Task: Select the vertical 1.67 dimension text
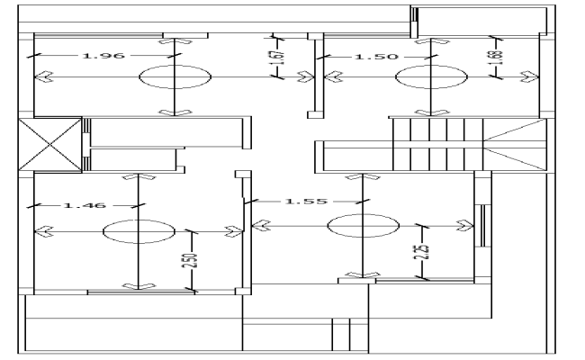(x=279, y=59)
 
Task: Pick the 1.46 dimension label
(x=85, y=205)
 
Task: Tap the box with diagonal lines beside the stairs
(x=514, y=143)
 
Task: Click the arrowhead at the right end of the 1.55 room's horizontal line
(x=466, y=224)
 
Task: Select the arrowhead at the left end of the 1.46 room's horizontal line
(x=40, y=230)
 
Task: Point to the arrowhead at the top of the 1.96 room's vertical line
(x=171, y=40)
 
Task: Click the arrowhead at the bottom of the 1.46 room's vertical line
(x=136, y=286)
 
